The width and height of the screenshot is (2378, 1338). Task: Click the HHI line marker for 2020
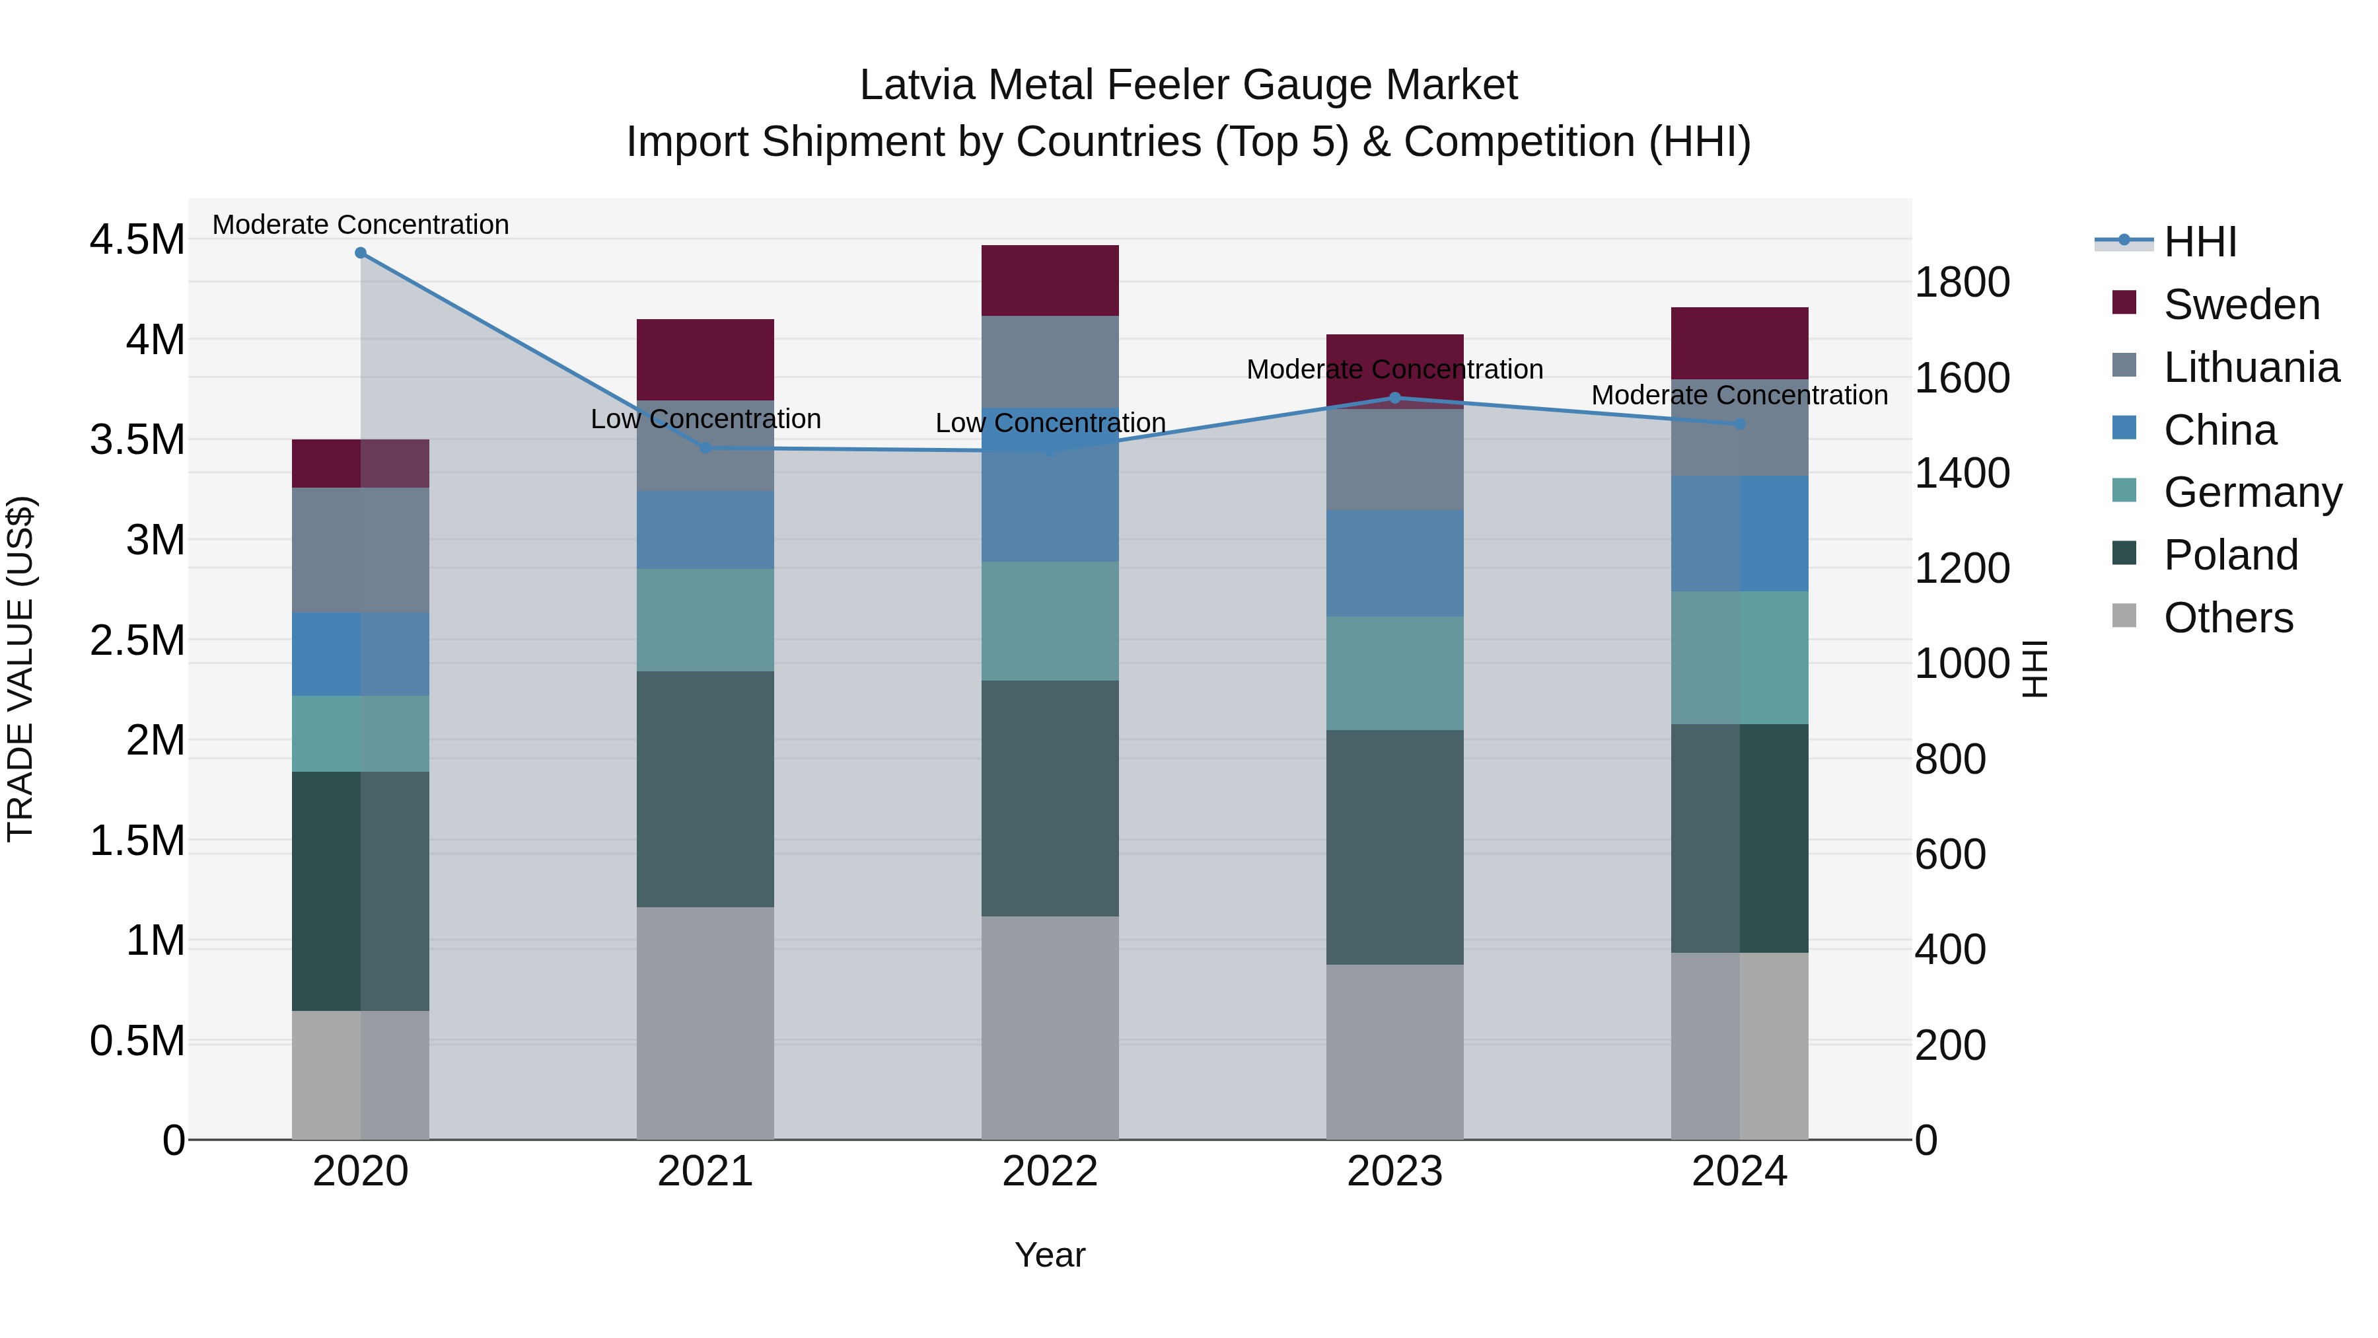coord(360,253)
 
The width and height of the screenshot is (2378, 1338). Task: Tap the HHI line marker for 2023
coord(1395,398)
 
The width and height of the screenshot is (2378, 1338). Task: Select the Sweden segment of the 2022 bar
coord(1050,281)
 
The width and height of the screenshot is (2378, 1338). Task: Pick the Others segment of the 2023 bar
coord(1395,1052)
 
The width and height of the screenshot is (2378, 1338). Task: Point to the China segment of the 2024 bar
coord(1739,534)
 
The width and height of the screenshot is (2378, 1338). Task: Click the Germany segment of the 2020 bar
coord(360,733)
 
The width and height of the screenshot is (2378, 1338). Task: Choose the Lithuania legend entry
coord(2251,367)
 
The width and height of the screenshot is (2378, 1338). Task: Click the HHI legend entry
coord(2199,242)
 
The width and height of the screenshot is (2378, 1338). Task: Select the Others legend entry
coord(2227,618)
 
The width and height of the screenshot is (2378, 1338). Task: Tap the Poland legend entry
coord(2230,555)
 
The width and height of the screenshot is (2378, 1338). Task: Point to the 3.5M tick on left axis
coord(137,439)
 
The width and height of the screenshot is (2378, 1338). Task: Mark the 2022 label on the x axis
coord(1050,1171)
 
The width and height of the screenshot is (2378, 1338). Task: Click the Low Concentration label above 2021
coord(705,419)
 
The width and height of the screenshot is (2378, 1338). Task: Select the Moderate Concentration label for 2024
coord(1739,395)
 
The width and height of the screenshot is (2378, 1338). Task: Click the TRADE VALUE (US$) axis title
coord(20,669)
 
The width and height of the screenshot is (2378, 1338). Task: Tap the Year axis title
coord(1050,1255)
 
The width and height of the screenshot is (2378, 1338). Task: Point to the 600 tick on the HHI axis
coord(1950,854)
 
